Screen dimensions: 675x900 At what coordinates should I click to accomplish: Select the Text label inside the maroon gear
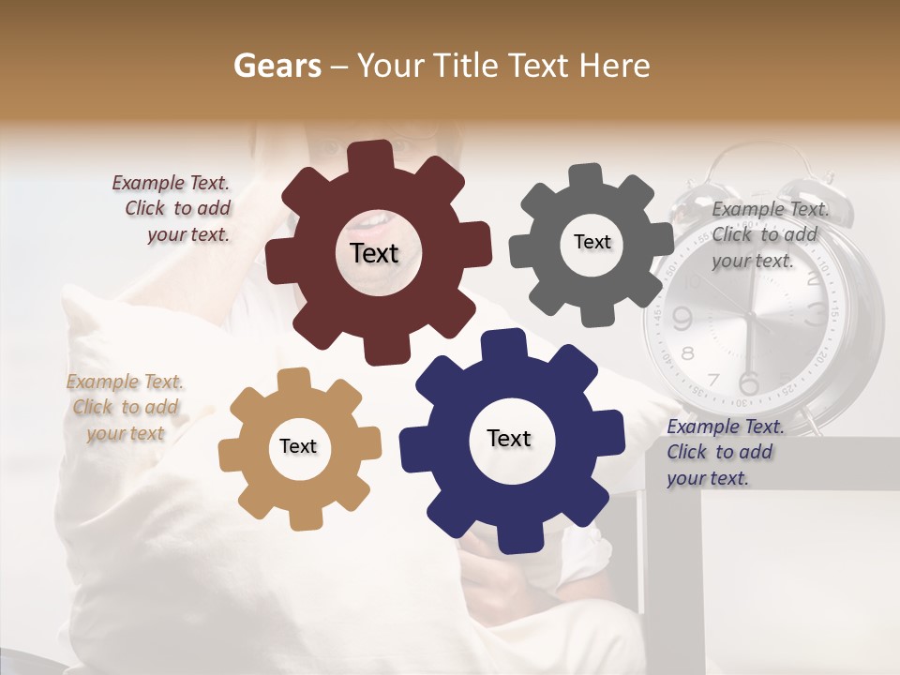tap(374, 253)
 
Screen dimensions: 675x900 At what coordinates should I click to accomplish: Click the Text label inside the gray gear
tap(592, 242)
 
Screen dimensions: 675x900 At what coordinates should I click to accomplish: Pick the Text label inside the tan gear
tap(298, 447)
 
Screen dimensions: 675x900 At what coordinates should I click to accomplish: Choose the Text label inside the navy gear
tap(509, 439)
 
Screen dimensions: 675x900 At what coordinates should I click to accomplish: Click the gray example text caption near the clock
tap(768, 235)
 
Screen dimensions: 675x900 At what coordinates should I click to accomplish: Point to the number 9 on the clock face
tap(682, 320)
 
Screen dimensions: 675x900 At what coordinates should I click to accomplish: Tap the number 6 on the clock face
tap(748, 383)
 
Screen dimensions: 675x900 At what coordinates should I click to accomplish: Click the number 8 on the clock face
tap(688, 354)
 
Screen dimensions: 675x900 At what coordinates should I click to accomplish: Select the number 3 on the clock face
tap(816, 311)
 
